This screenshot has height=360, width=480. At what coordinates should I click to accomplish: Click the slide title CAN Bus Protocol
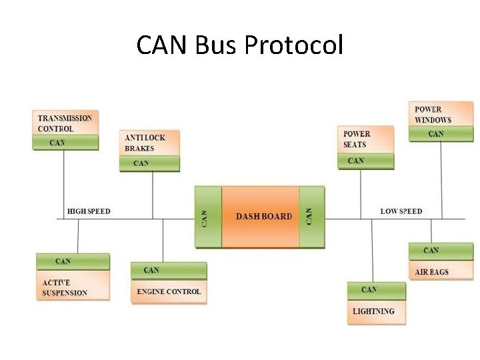[x=240, y=45]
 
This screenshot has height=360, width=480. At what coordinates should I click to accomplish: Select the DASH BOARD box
[x=263, y=217]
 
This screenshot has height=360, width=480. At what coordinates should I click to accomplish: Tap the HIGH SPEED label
[x=89, y=211]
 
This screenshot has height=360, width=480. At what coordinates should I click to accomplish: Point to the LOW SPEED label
[x=401, y=211]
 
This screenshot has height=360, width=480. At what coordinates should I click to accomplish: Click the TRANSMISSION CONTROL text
[x=65, y=123]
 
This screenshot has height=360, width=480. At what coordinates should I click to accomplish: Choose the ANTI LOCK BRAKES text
[x=145, y=143]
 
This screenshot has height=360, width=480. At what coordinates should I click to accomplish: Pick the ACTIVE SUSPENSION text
[x=65, y=288]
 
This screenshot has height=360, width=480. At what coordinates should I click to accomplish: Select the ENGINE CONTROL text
[x=169, y=291]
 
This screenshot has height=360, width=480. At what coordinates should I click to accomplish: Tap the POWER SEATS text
[x=357, y=139]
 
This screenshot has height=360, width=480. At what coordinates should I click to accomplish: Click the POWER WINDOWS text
[x=433, y=115]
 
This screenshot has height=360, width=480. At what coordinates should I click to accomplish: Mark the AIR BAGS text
[x=431, y=272]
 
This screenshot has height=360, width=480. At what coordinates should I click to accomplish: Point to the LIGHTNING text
[x=373, y=311]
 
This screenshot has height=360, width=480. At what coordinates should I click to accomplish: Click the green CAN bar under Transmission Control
[x=65, y=143]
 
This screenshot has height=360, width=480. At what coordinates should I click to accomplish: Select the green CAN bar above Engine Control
[x=169, y=270]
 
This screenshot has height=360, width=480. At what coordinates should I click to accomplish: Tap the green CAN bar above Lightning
[x=375, y=290]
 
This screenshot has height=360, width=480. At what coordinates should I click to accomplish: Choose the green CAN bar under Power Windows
[x=441, y=134]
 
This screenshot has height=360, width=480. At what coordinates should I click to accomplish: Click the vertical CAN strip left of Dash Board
[x=207, y=217]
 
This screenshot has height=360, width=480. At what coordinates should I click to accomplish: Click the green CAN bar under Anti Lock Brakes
[x=149, y=163]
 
